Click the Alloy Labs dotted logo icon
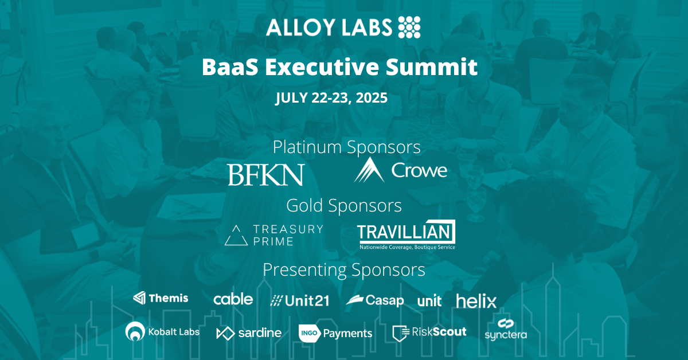tap(409, 28)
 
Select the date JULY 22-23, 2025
tap(331, 97)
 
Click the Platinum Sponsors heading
tap(347, 147)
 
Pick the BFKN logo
tap(266, 174)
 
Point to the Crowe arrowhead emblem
tap(369, 170)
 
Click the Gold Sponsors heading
tap(344, 205)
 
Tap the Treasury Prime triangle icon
tap(236, 235)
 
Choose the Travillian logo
tap(406, 234)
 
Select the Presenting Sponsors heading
tap(344, 269)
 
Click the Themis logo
tap(161, 298)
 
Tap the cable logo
tap(233, 299)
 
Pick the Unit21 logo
tap(300, 301)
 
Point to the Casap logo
tap(375, 300)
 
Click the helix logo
tap(476, 301)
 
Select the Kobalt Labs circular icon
tap(135, 331)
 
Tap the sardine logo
tap(249, 333)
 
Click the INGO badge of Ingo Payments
tap(310, 333)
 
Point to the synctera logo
tap(506, 330)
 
